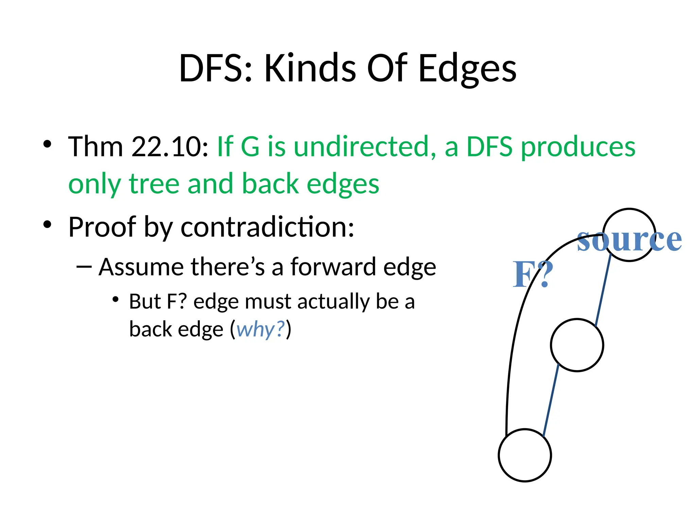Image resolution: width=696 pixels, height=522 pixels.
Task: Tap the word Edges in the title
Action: point(467,69)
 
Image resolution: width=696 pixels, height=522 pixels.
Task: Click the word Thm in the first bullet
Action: point(95,147)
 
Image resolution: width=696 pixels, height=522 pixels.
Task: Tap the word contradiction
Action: point(267,227)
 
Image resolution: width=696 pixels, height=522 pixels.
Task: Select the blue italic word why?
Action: point(260,330)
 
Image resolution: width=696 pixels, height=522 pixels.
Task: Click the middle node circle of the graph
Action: point(577,345)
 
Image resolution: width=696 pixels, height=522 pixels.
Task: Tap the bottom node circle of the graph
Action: point(525,455)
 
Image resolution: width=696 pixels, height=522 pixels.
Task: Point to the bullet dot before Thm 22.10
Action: point(47,144)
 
